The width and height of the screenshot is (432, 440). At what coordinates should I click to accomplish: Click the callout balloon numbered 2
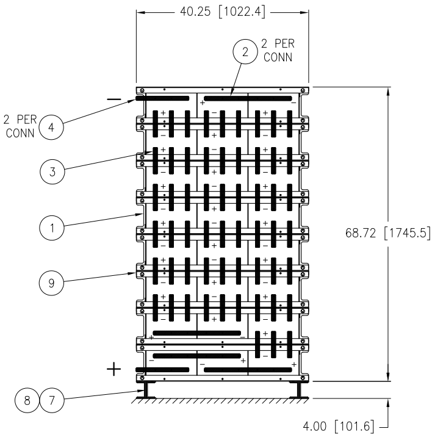(245, 52)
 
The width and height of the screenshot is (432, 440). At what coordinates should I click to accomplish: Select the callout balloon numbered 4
(51, 127)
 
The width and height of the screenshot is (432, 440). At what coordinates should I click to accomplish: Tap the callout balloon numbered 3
(52, 171)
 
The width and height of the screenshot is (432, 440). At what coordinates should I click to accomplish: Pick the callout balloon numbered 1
(52, 228)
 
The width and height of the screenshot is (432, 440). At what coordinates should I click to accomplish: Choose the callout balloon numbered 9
(51, 283)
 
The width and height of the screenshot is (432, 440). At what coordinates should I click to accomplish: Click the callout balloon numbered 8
(27, 400)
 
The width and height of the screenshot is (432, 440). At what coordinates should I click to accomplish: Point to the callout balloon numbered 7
(52, 400)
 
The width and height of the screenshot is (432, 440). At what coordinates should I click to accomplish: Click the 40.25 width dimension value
(195, 12)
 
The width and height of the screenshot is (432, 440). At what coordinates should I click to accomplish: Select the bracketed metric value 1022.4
(242, 12)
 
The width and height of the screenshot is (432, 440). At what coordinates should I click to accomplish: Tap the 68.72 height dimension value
(361, 233)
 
